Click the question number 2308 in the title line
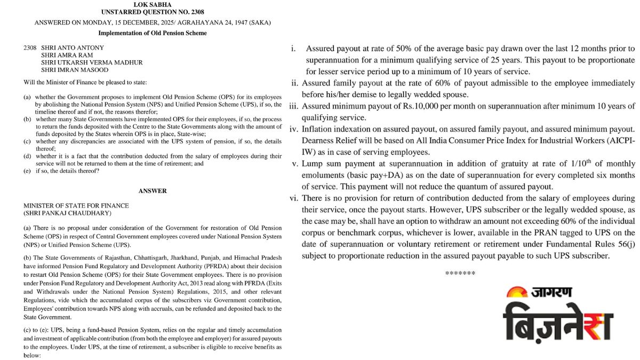pos(194,12)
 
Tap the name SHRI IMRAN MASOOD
pos(75,70)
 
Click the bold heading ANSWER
pos(153,190)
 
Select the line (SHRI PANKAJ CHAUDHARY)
pos(67,213)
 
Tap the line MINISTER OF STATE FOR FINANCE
pos(76,205)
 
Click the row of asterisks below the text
pos(460,273)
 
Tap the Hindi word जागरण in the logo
pos(551,292)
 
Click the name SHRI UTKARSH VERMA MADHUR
pos(92,62)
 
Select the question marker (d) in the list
pos(27,156)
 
